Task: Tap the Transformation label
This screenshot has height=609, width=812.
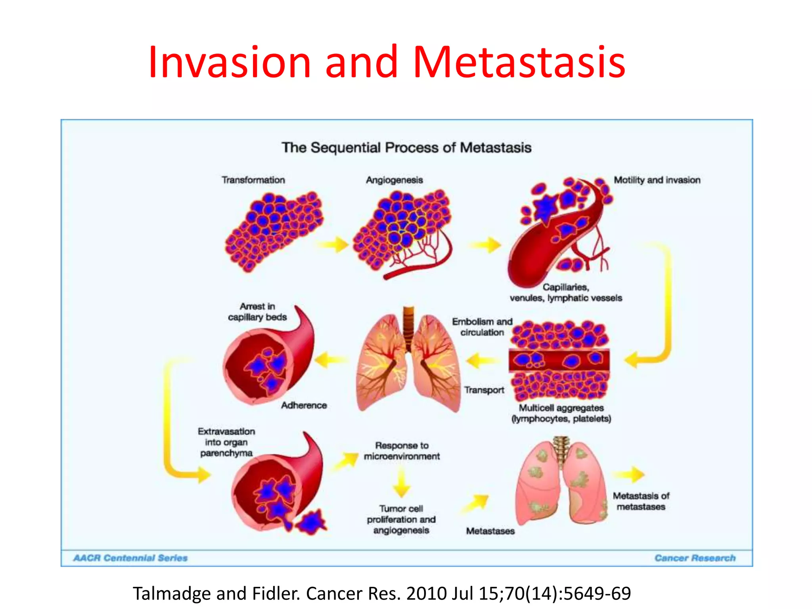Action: (x=253, y=180)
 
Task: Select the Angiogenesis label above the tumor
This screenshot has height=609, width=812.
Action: (x=394, y=180)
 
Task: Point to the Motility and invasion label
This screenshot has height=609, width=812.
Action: (x=657, y=180)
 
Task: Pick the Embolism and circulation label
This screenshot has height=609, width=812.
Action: (x=482, y=327)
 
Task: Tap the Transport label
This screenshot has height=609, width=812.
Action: (x=484, y=390)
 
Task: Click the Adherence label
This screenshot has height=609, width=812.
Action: (x=304, y=405)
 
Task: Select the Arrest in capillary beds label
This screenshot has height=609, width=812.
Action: (x=257, y=312)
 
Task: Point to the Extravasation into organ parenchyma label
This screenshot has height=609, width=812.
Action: (x=226, y=442)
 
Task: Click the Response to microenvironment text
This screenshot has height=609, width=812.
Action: (x=402, y=451)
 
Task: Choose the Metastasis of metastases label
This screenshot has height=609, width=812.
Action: (x=641, y=501)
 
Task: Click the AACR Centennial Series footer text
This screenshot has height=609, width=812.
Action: (x=130, y=558)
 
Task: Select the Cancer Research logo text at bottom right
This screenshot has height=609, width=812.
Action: (x=695, y=558)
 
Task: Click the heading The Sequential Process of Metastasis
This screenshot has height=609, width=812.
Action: (x=406, y=147)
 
